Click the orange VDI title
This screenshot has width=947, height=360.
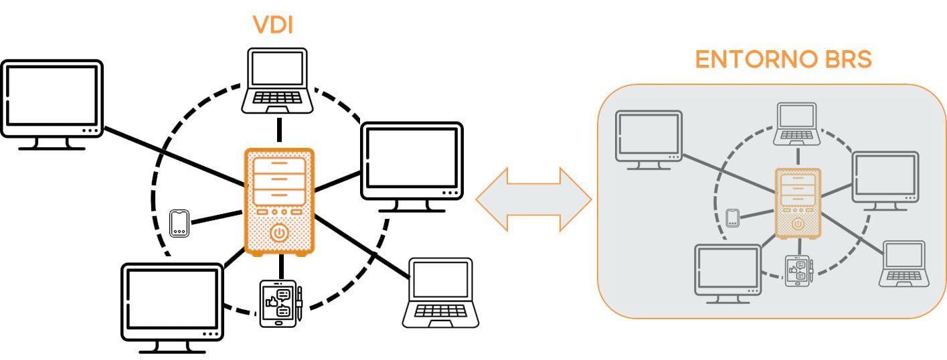(273, 25)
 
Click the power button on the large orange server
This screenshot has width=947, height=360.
(279, 233)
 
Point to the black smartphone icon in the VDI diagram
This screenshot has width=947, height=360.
(179, 223)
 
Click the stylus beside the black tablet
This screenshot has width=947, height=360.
(300, 303)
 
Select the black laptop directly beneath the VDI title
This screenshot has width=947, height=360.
(277, 81)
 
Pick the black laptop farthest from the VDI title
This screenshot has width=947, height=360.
(440, 293)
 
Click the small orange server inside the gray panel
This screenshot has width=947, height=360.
(798, 203)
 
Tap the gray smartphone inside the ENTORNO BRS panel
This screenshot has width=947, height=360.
(733, 218)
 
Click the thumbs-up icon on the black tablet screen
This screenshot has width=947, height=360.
(271, 302)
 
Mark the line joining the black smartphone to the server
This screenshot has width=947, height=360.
(218, 217)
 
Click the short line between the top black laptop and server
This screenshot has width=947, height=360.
(280, 130)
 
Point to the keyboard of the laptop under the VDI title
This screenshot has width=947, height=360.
(277, 98)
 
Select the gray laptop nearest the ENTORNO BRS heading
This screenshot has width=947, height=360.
(797, 124)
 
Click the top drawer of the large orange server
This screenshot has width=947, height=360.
(279, 165)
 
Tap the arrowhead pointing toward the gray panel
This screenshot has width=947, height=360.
(576, 199)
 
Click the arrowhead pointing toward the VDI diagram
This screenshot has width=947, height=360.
(492, 199)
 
